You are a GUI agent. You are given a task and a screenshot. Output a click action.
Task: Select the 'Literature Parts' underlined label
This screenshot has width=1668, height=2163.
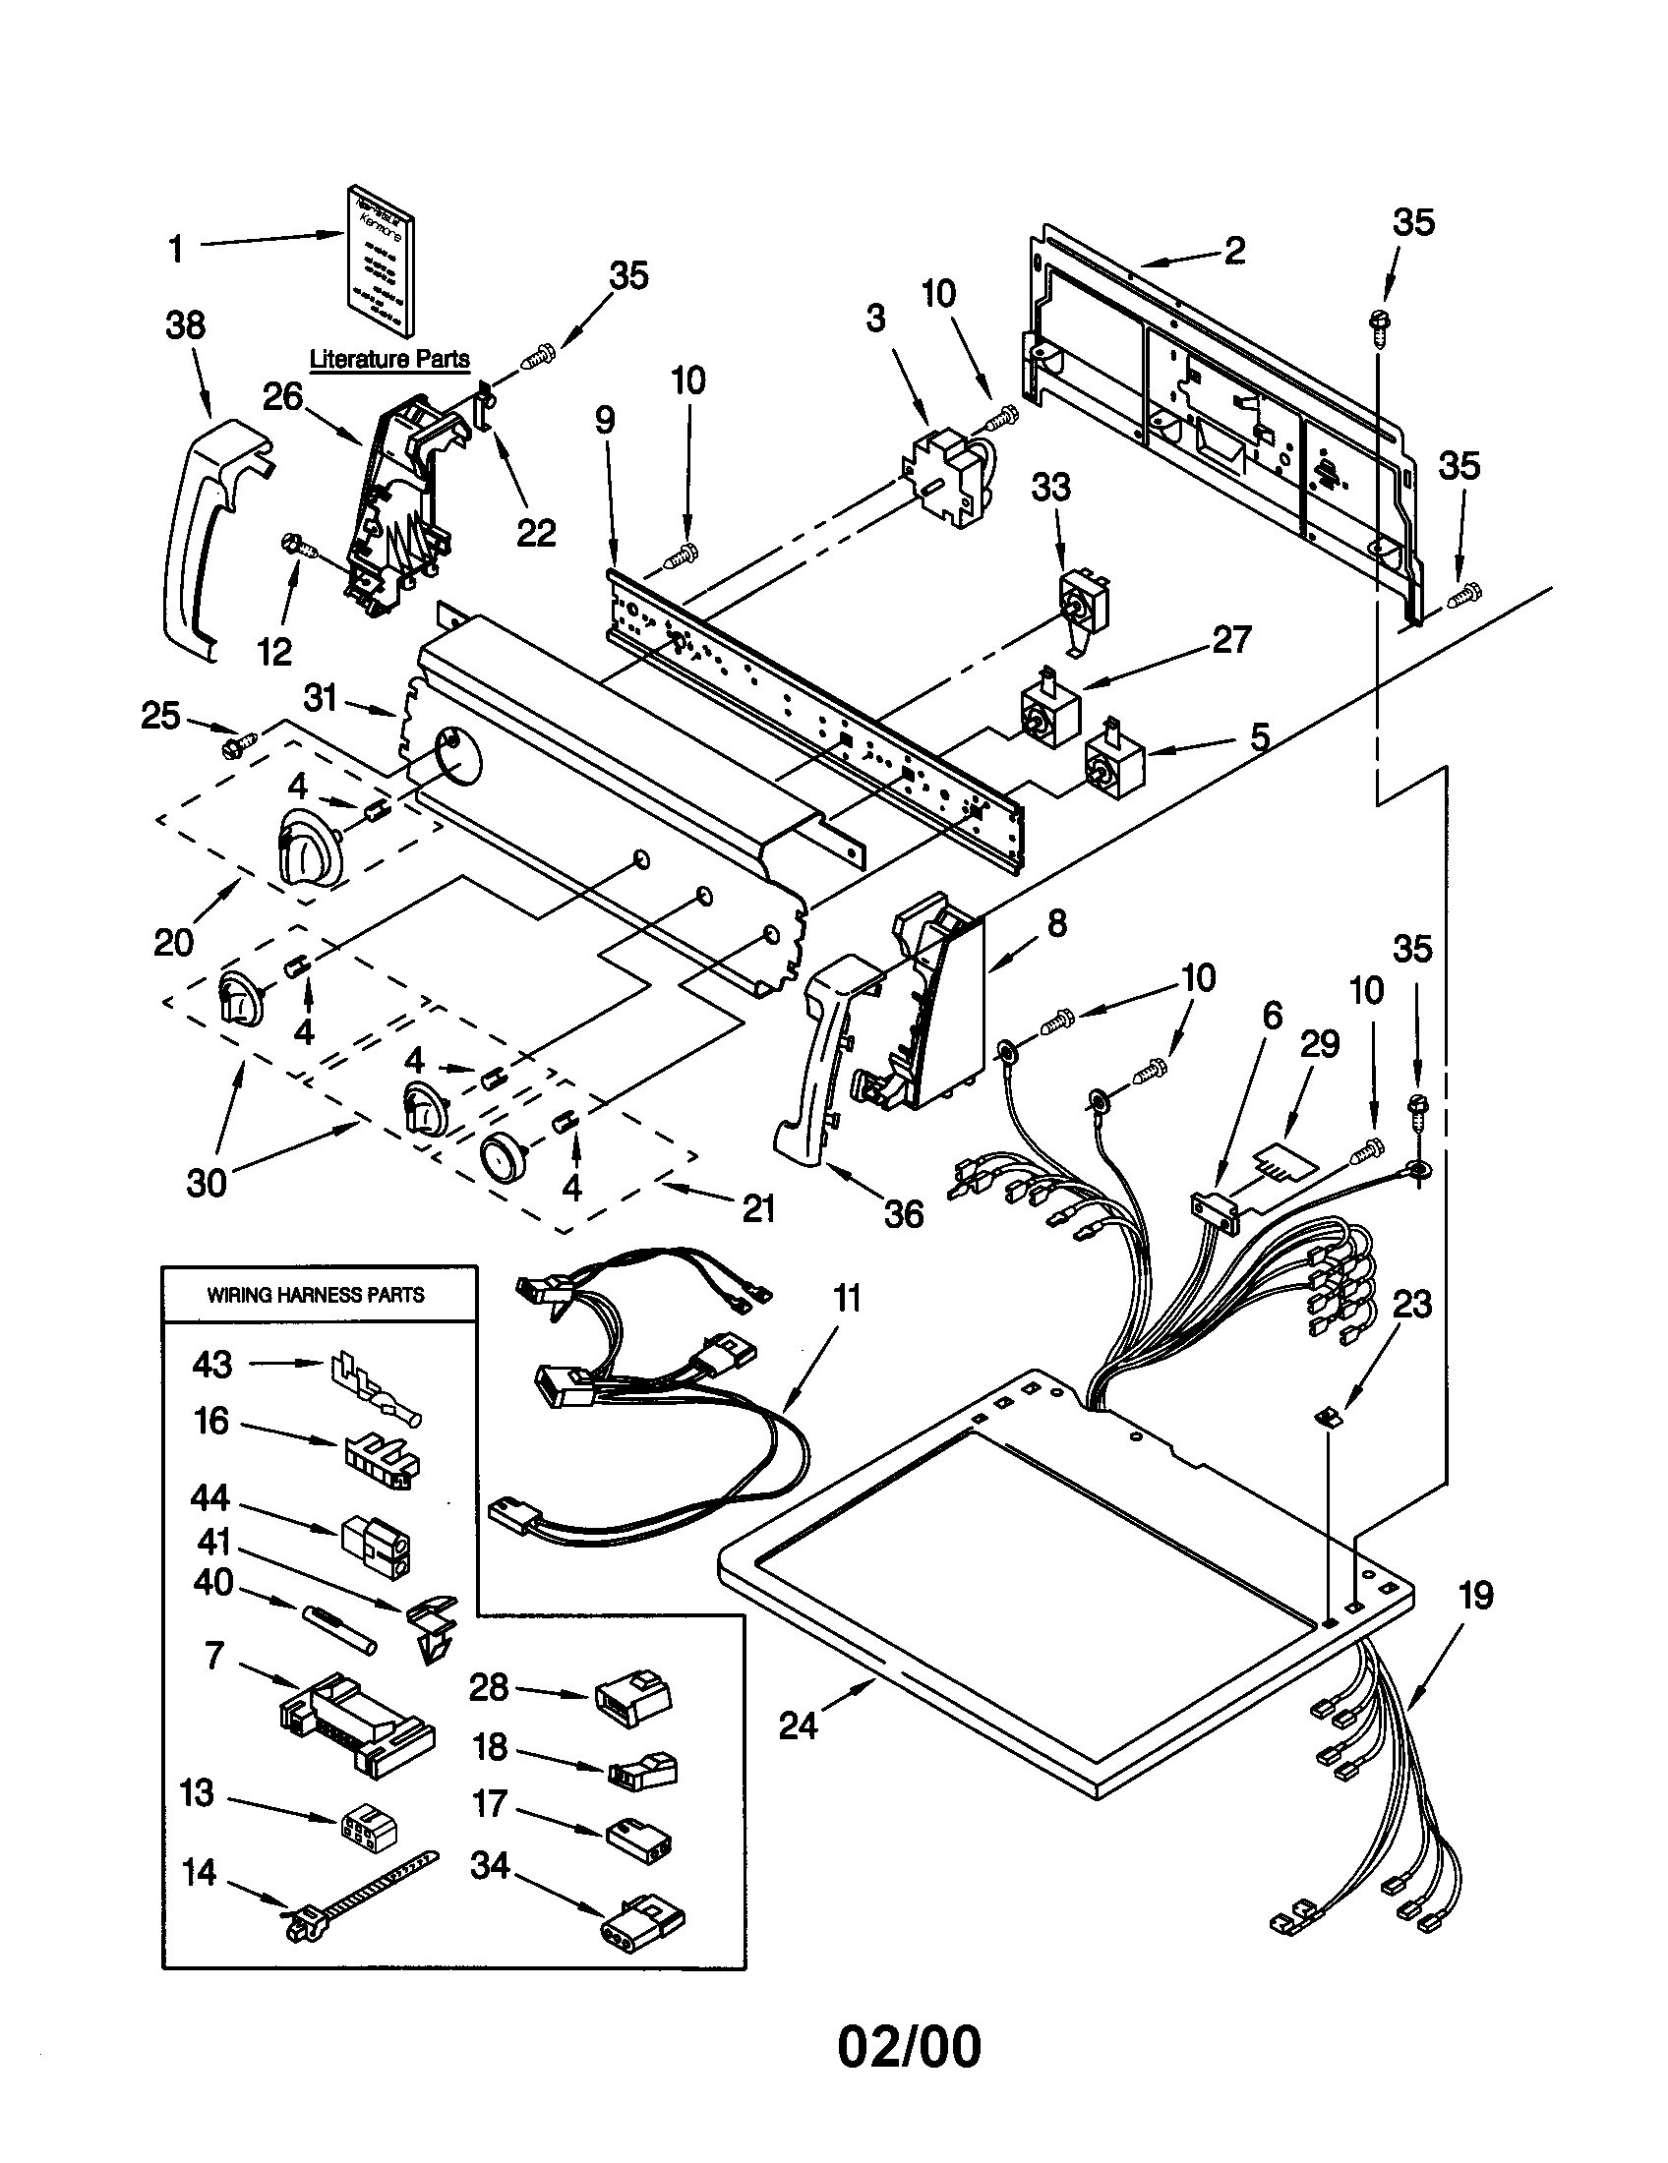[x=389, y=359]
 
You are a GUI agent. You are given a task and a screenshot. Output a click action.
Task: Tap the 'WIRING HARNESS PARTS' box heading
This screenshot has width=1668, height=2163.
[x=315, y=1295]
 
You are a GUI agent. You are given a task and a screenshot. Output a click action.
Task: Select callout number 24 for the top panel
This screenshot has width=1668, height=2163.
[x=798, y=1725]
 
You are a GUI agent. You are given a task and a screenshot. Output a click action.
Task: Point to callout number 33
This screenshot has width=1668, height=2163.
[x=1051, y=488]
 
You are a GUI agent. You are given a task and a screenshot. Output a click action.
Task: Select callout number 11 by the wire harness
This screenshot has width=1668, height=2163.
[x=847, y=1298]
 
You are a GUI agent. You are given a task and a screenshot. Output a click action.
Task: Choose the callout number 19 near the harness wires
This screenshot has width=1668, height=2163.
[x=1475, y=1596]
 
